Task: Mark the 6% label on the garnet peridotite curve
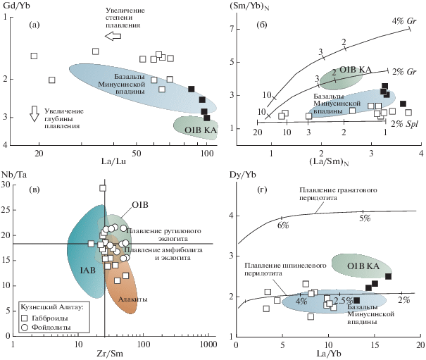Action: click(x=283, y=225)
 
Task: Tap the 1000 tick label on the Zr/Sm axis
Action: click(x=205, y=345)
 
